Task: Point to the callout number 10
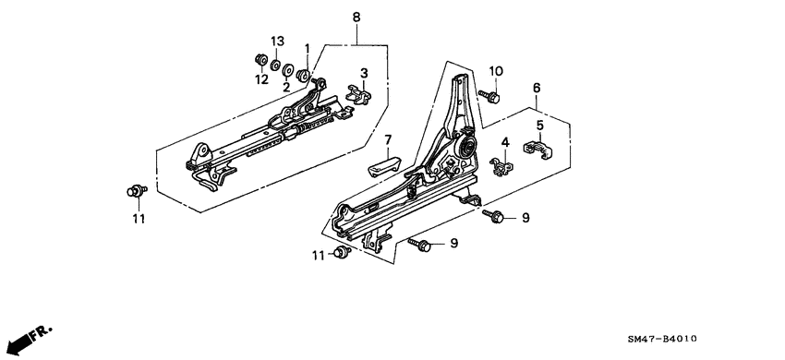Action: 495,71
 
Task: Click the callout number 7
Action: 389,140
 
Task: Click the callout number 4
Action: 505,142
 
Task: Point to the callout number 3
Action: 364,72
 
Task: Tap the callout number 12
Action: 264,79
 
